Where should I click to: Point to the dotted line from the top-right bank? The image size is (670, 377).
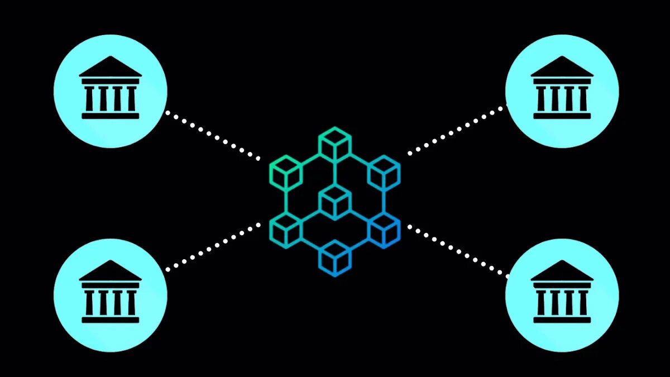click(x=458, y=130)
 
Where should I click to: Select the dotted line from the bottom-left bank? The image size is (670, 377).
click(x=212, y=246)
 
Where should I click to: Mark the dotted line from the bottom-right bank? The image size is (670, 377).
click(x=458, y=250)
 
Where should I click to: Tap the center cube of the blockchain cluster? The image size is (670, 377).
click(x=335, y=202)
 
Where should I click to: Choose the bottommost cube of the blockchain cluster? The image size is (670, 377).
click(x=335, y=258)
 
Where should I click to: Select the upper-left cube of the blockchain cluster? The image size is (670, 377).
click(x=285, y=173)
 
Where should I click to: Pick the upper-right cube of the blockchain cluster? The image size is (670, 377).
click(x=384, y=173)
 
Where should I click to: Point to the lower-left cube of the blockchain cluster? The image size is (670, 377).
click(x=285, y=230)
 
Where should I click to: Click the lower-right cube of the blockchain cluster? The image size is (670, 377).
click(x=384, y=230)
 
